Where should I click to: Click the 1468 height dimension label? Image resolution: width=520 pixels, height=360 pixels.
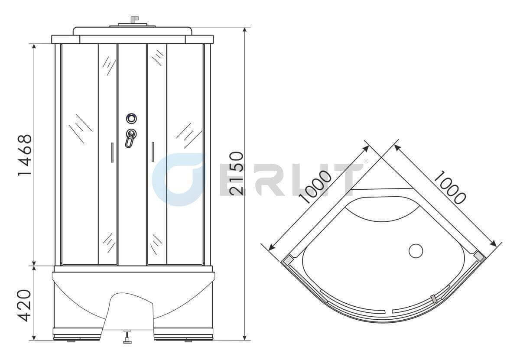coord(25,155)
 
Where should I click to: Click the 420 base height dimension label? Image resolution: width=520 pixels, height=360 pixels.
coord(25,305)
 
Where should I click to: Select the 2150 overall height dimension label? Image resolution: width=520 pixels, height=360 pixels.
coord(237,173)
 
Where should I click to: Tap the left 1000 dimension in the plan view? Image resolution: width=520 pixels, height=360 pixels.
coord(315,187)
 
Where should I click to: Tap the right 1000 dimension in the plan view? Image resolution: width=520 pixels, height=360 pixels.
coord(449,187)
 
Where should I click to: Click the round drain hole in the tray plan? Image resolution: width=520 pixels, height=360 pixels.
coord(416,251)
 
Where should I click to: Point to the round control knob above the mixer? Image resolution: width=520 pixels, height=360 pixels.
coord(131,118)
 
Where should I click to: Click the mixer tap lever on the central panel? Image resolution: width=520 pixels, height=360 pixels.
coord(130,138)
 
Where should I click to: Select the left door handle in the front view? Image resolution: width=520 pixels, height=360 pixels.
coord(112,152)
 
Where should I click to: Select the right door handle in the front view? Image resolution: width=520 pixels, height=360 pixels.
coord(153,152)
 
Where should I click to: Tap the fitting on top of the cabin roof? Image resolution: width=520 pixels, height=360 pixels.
coord(133,20)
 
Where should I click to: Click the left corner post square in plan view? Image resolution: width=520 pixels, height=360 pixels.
coord(288,260)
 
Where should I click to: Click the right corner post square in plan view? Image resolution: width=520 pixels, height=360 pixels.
coord(479,256)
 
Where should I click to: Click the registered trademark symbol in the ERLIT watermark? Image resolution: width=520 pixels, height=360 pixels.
coord(365,161)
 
